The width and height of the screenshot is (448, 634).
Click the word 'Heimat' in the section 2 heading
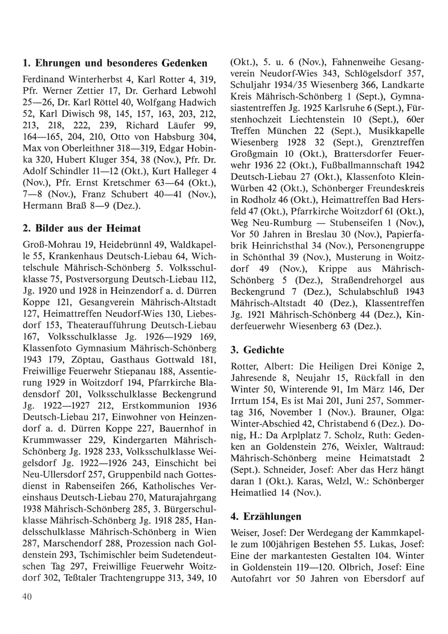123,228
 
